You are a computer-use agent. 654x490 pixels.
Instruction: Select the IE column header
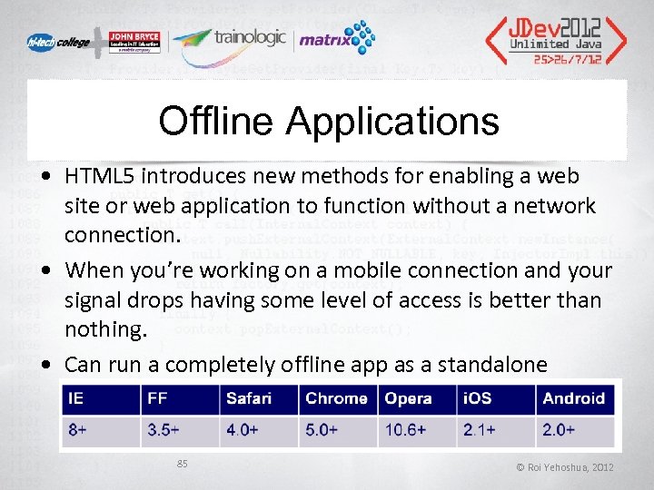(76, 398)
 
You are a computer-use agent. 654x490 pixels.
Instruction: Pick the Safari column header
(249, 398)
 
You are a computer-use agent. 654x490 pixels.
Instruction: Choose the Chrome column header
(336, 398)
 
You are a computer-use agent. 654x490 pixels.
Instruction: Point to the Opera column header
(408, 398)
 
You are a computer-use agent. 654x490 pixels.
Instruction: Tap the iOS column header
(478, 398)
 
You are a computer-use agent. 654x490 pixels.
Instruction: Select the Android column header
(573, 398)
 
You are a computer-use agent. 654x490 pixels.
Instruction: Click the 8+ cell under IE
(77, 429)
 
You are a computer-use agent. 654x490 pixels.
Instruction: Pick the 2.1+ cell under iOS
(480, 429)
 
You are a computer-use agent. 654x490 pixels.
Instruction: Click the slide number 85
(182, 464)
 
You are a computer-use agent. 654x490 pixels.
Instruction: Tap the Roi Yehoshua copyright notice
(565, 466)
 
